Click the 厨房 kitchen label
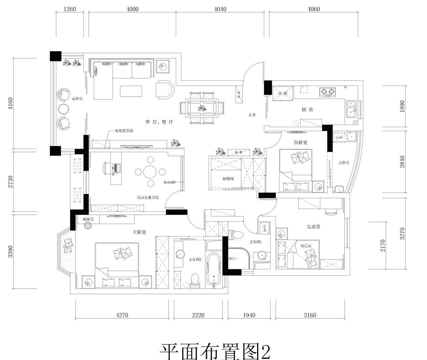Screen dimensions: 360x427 point(307,110)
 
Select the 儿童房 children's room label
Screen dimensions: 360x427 point(313,227)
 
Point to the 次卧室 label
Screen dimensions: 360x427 point(300,142)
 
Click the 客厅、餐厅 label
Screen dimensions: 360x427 point(159,122)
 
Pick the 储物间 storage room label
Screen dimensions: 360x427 point(228,179)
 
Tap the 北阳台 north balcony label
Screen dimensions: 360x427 point(344,163)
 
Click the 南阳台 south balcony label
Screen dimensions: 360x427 point(77,99)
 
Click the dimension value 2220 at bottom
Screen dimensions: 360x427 point(198,315)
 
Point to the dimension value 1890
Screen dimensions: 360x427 point(402,106)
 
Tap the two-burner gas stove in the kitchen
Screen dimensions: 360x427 point(327,91)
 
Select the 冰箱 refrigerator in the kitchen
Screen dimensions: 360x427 point(283,93)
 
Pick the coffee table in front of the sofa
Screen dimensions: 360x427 point(131,91)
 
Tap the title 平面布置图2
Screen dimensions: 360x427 point(215,351)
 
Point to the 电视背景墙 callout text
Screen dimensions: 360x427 point(124,131)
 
